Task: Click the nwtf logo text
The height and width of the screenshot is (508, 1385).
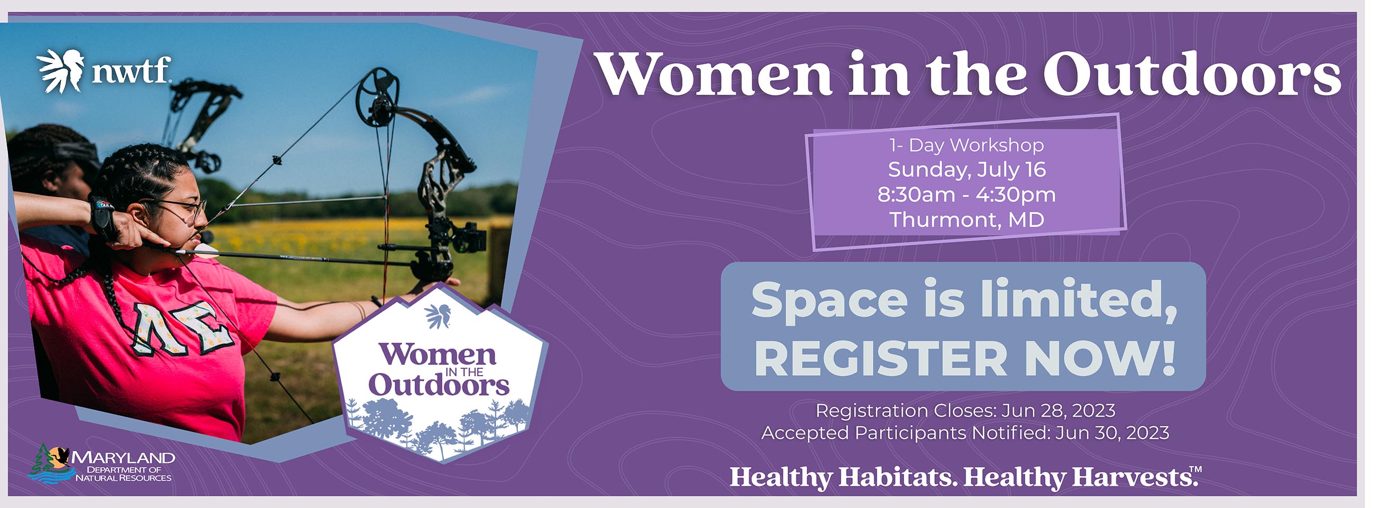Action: pyautogui.click(x=131, y=70)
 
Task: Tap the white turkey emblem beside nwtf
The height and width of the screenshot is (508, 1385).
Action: pyautogui.click(x=61, y=70)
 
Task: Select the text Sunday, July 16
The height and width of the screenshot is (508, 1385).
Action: pyautogui.click(x=967, y=169)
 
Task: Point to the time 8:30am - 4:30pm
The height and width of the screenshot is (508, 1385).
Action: pyautogui.click(x=967, y=195)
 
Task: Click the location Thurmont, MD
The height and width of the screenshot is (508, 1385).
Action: pyautogui.click(x=967, y=219)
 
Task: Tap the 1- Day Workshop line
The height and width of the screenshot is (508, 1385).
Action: pyautogui.click(x=967, y=144)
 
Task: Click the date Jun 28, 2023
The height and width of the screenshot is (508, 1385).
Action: pyautogui.click(x=1058, y=411)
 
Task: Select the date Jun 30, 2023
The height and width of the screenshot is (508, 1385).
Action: pyautogui.click(x=1113, y=433)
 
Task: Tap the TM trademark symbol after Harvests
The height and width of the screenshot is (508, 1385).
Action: pyautogui.click(x=1195, y=470)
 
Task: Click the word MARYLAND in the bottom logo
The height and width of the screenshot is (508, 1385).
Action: pyautogui.click(x=123, y=458)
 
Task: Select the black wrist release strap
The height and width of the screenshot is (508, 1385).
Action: pyautogui.click(x=104, y=217)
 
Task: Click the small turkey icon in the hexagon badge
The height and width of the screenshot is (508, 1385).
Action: pyautogui.click(x=438, y=315)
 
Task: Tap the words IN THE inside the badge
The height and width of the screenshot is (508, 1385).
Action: pyautogui.click(x=465, y=371)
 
